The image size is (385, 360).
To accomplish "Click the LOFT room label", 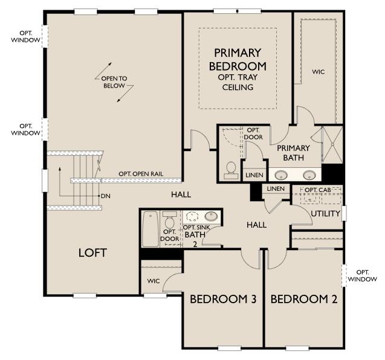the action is point(92,252).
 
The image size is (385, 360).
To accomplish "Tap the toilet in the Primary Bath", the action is point(231,170).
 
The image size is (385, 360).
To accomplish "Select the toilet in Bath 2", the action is point(169,219).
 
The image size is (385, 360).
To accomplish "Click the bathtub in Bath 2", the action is point(150,229).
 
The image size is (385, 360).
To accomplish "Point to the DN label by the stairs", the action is point(106,196).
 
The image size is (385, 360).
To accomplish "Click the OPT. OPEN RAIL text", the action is point(141,174).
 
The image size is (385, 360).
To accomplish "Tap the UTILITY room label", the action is point(325,213).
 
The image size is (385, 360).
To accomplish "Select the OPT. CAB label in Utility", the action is point(318,190).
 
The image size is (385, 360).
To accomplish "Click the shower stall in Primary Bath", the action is point(332,144).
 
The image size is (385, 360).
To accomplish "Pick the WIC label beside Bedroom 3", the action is point(154,281).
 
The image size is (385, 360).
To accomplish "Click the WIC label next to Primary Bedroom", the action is point(318,72).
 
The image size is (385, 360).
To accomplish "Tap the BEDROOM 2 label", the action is point(304,299).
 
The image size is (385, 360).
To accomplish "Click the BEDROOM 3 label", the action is point(223,299).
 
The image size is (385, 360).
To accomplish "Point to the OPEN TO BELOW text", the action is point(114,82).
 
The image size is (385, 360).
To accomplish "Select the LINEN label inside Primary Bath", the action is point(254,175).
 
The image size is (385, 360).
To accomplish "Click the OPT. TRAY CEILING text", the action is point(238,82).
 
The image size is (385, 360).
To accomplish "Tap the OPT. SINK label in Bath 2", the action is point(196,228).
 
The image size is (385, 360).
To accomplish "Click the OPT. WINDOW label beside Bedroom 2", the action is point(363,275).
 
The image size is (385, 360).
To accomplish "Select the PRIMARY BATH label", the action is point(293,153).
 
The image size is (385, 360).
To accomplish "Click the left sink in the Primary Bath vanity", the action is point(281,175).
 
